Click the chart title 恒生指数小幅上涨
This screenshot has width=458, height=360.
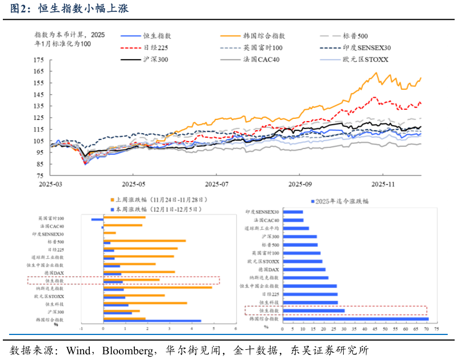[x=82, y=9]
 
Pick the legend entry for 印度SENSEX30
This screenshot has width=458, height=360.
[x=368, y=48]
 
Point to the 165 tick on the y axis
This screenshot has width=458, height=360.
[x=39, y=72]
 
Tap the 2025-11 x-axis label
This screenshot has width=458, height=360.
[x=383, y=184]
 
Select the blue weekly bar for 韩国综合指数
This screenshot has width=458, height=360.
[x=152, y=321]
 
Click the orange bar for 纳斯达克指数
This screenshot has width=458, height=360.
[x=158, y=287]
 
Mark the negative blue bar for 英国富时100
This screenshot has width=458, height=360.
[x=97, y=220]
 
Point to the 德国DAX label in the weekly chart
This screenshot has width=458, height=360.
[x=54, y=273]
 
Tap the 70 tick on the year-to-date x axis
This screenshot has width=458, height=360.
[x=428, y=329]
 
